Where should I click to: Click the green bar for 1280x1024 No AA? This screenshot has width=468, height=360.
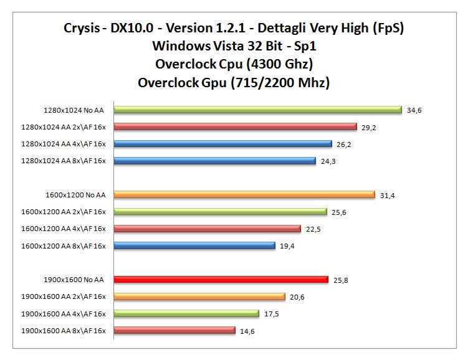click(x=257, y=110)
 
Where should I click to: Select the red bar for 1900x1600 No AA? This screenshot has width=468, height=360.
click(x=221, y=280)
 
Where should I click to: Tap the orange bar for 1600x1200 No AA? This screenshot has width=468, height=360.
click(x=244, y=195)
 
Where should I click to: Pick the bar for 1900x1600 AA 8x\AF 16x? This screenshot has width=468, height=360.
click(x=174, y=331)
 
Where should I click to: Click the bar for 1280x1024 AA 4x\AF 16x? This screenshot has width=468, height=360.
click(x=222, y=144)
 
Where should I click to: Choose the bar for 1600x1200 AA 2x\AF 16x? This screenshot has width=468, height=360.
click(x=220, y=212)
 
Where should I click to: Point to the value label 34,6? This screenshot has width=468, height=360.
click(x=414, y=110)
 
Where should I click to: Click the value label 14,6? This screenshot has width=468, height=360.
click(x=247, y=331)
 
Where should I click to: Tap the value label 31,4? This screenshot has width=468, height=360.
click(x=387, y=196)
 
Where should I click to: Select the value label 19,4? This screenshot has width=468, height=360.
click(x=287, y=247)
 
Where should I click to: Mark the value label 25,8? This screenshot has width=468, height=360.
click(x=340, y=280)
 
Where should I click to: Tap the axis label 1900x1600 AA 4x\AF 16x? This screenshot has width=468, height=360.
click(x=64, y=314)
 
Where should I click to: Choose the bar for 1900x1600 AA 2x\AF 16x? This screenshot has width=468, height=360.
click(x=199, y=297)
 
